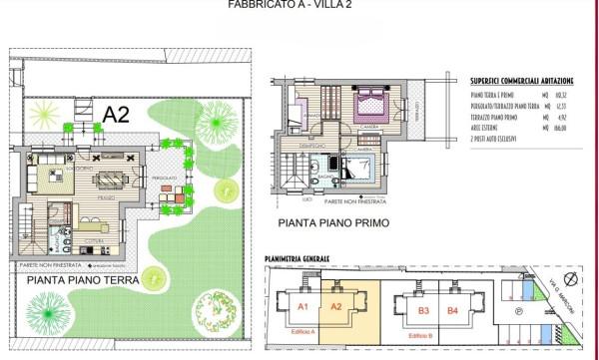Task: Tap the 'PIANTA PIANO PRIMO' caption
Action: (x=333, y=222)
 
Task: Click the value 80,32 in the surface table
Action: (x=562, y=95)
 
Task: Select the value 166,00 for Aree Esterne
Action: (x=561, y=128)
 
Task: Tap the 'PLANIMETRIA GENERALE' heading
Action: (x=297, y=258)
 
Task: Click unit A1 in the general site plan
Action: (x=303, y=306)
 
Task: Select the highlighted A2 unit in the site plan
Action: (x=336, y=306)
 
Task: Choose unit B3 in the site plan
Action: (x=423, y=310)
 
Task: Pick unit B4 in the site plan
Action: (x=452, y=310)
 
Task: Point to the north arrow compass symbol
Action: (x=570, y=279)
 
